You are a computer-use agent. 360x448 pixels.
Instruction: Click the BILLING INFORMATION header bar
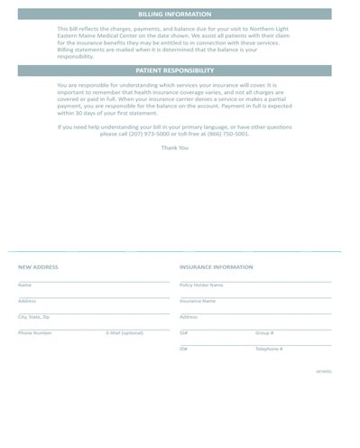click(175, 14)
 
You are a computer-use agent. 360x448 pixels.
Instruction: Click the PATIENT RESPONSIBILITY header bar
click(175, 70)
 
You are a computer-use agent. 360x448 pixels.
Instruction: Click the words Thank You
click(175, 147)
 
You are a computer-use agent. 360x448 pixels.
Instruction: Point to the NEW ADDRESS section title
click(38, 267)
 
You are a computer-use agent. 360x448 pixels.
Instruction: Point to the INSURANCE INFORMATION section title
click(217, 267)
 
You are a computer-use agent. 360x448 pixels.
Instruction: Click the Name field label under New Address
click(23, 285)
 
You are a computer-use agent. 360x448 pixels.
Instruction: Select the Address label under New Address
click(26, 301)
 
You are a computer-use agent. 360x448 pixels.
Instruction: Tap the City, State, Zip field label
click(34, 317)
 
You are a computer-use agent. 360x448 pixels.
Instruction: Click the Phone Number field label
click(34, 333)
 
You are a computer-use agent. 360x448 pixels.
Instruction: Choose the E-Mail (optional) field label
click(125, 333)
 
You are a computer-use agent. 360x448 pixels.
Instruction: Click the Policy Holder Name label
click(201, 285)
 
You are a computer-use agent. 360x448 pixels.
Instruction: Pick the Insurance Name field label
click(198, 301)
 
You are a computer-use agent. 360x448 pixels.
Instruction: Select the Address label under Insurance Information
click(189, 317)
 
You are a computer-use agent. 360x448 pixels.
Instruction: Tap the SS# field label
click(183, 333)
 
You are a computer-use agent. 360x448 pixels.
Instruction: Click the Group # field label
click(264, 333)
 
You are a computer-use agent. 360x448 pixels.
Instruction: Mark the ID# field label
click(183, 349)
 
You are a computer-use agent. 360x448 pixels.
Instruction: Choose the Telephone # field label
click(269, 349)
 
